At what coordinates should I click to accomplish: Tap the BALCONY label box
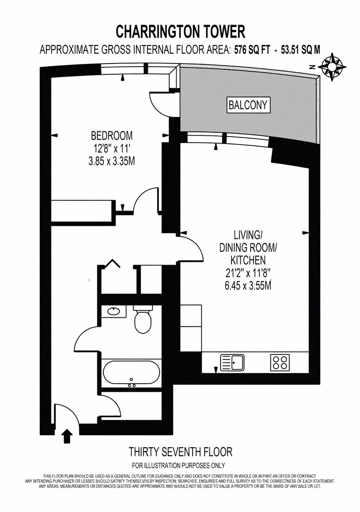[x=249, y=105]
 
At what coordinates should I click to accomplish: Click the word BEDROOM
[x=112, y=135]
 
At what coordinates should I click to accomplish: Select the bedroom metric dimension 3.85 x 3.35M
[x=112, y=161]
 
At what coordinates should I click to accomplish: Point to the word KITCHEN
[x=248, y=260]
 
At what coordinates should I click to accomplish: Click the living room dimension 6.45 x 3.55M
[x=248, y=286]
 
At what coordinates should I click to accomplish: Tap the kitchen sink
[x=232, y=362]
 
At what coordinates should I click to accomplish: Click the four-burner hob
[x=280, y=362]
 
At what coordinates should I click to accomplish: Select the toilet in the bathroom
[x=143, y=320]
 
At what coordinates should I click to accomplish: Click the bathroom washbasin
[x=113, y=311]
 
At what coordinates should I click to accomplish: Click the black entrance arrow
[x=67, y=436]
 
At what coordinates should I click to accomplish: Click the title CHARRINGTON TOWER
[x=181, y=32]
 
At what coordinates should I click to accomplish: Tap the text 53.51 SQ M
[x=301, y=50]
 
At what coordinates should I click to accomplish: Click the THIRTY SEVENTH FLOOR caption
[x=181, y=452]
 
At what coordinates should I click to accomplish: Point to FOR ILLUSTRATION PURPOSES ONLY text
[x=178, y=465]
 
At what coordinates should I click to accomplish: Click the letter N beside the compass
[x=312, y=67]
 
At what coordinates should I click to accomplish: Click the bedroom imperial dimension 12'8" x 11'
[x=112, y=148]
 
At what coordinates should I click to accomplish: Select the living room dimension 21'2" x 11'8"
[x=248, y=273]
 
